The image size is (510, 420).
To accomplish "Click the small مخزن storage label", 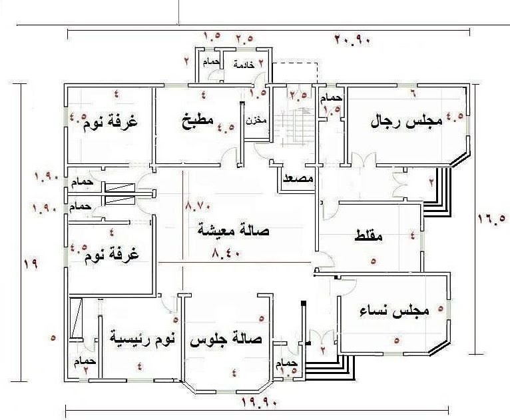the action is click(x=253, y=121).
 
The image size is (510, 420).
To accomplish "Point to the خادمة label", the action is click(x=244, y=65).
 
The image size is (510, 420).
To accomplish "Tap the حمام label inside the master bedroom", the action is click(x=87, y=361).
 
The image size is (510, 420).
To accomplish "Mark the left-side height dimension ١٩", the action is click(x=30, y=263).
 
